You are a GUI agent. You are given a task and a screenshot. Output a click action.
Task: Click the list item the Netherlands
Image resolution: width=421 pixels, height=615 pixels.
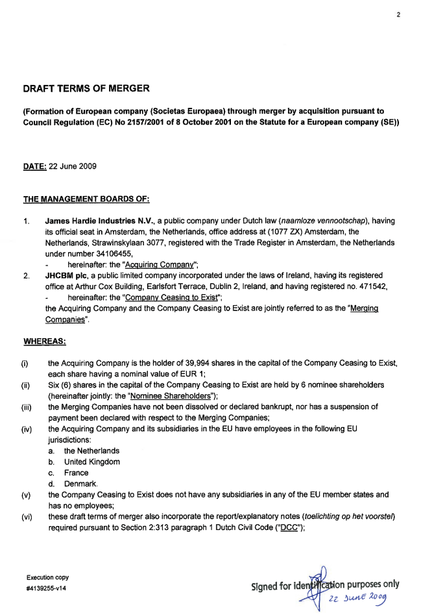click(x=91, y=451)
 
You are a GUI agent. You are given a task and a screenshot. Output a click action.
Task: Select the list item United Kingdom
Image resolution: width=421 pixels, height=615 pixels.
click(x=92, y=462)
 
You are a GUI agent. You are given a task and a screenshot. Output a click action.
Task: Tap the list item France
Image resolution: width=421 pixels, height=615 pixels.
click(x=77, y=473)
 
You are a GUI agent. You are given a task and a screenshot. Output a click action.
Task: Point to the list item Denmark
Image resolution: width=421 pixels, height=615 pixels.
click(x=80, y=484)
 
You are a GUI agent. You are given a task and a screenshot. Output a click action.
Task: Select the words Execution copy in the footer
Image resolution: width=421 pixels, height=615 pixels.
click(x=47, y=577)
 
